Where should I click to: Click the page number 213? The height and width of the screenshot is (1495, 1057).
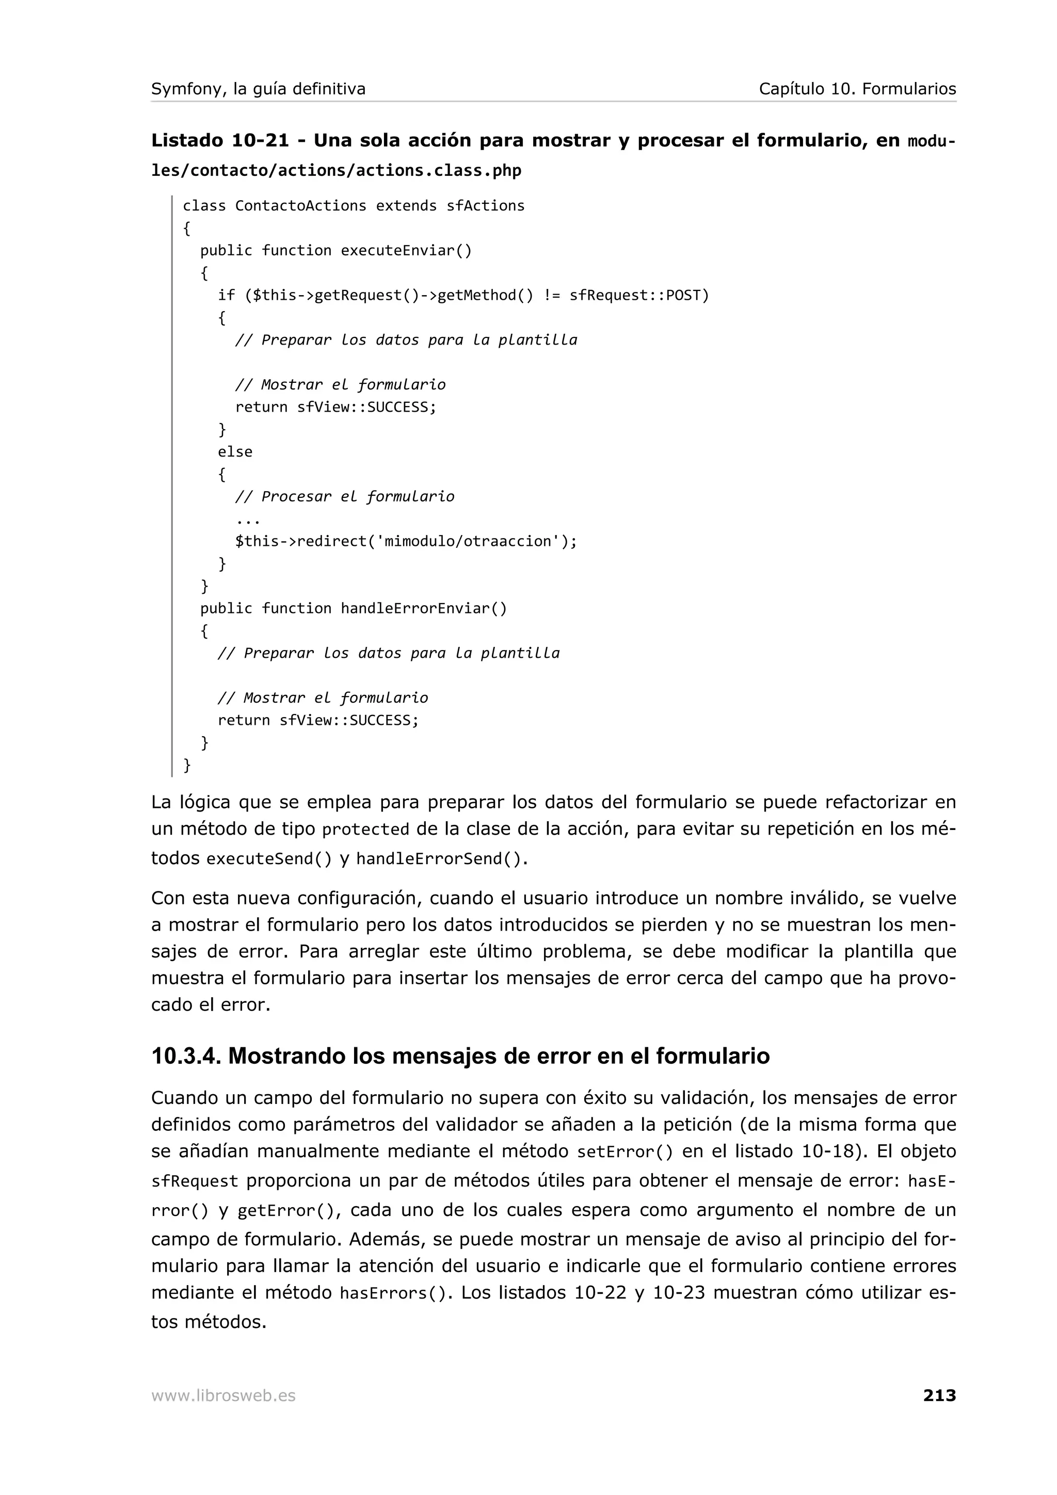click(939, 1395)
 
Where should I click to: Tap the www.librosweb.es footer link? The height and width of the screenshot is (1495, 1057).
click(223, 1396)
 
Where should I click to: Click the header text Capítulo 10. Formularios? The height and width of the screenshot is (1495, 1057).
click(857, 89)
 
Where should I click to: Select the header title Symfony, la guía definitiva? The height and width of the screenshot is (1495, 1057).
click(259, 89)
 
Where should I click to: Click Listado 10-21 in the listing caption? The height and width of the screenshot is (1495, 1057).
click(220, 141)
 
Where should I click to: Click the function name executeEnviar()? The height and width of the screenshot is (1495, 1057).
click(406, 251)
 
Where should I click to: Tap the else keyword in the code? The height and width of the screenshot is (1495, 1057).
click(235, 452)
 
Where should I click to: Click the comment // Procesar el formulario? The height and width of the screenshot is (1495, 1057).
click(345, 497)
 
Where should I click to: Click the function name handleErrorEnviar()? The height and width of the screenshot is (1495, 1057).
click(424, 609)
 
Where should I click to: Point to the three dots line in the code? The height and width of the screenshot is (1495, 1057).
click(248, 520)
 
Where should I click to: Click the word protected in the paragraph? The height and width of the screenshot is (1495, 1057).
click(366, 830)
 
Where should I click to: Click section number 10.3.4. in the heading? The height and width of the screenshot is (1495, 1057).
click(186, 1056)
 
